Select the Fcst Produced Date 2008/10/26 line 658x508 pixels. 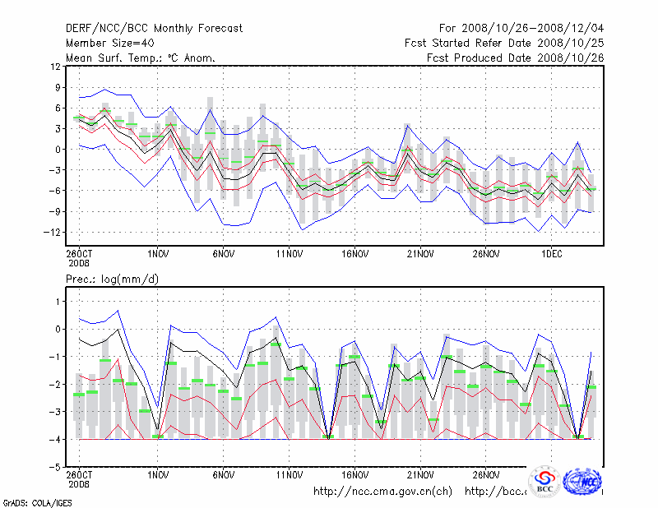(x=515, y=58)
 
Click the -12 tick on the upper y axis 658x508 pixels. (x=52, y=232)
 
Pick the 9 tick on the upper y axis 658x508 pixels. (x=57, y=87)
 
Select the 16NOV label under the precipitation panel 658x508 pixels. (x=355, y=474)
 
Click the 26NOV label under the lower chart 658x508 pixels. (x=486, y=474)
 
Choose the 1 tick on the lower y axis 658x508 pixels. (x=57, y=302)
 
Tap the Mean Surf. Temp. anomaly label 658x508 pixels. (x=141, y=58)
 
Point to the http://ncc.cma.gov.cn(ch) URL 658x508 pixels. (x=382, y=491)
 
